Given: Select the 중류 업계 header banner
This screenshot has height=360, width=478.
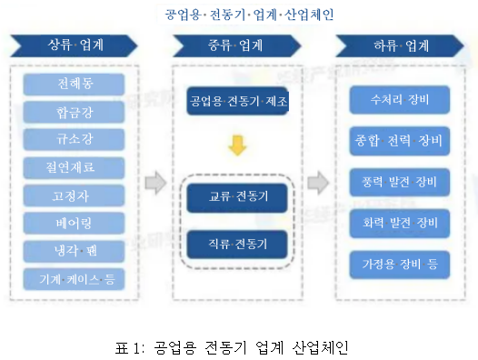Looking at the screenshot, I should click(x=236, y=45).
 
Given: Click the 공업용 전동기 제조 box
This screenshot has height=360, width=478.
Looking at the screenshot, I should click(x=236, y=101).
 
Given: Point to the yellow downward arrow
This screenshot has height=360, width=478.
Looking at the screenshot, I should click(x=236, y=145).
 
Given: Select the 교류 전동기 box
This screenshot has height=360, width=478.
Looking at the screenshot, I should click(x=236, y=195).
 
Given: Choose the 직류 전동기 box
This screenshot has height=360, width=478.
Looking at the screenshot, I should click(x=236, y=244).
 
